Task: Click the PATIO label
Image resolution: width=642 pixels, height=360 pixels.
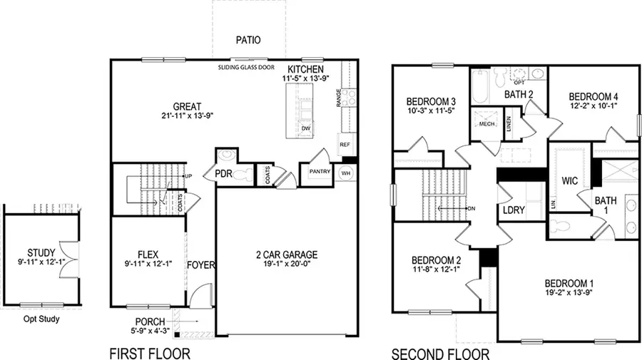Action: click(248, 41)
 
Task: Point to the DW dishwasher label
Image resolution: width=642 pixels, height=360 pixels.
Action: click(306, 129)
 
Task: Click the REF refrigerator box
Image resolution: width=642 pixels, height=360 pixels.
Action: click(345, 145)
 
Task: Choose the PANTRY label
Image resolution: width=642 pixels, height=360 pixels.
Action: click(317, 172)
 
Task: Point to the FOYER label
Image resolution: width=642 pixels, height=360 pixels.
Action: click(201, 266)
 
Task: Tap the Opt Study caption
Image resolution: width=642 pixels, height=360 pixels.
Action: click(40, 319)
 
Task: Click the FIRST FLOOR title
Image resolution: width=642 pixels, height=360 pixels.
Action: click(150, 353)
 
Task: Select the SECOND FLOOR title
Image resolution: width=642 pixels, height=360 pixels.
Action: click(440, 353)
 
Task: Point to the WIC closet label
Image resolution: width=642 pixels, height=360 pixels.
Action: click(569, 180)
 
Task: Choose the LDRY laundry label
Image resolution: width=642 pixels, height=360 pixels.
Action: click(514, 212)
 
